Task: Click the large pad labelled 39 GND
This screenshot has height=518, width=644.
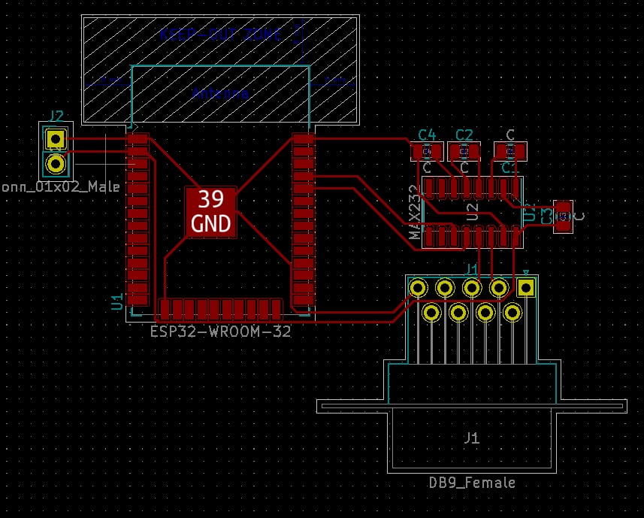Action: pos(210,211)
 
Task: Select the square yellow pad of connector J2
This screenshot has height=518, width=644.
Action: pos(55,139)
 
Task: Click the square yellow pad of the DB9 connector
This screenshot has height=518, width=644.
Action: pos(526,287)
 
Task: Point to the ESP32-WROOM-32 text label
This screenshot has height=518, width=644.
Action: pos(220,331)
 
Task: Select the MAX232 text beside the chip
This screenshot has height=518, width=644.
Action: pos(414,213)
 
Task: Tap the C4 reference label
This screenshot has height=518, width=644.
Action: pos(427,135)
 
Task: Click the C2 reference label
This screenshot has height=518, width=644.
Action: pos(464,135)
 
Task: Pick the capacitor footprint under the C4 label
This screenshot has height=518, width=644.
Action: pos(427,152)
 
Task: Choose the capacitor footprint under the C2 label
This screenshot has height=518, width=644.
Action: pos(464,152)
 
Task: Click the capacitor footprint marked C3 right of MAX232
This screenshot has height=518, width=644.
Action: pos(563,217)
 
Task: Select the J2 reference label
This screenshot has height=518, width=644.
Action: pos(56,116)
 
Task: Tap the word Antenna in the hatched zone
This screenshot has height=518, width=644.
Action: pos(220,94)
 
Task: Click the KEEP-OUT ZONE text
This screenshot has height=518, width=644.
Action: pos(221,35)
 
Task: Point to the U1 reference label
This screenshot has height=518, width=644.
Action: pos(117,302)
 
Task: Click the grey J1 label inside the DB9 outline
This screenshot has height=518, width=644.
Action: pos(471,438)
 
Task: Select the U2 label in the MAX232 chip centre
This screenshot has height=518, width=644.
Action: pos(473,211)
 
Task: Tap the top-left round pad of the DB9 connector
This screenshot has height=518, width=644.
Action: pos(418,287)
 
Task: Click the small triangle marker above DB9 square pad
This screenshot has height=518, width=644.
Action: pos(526,273)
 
